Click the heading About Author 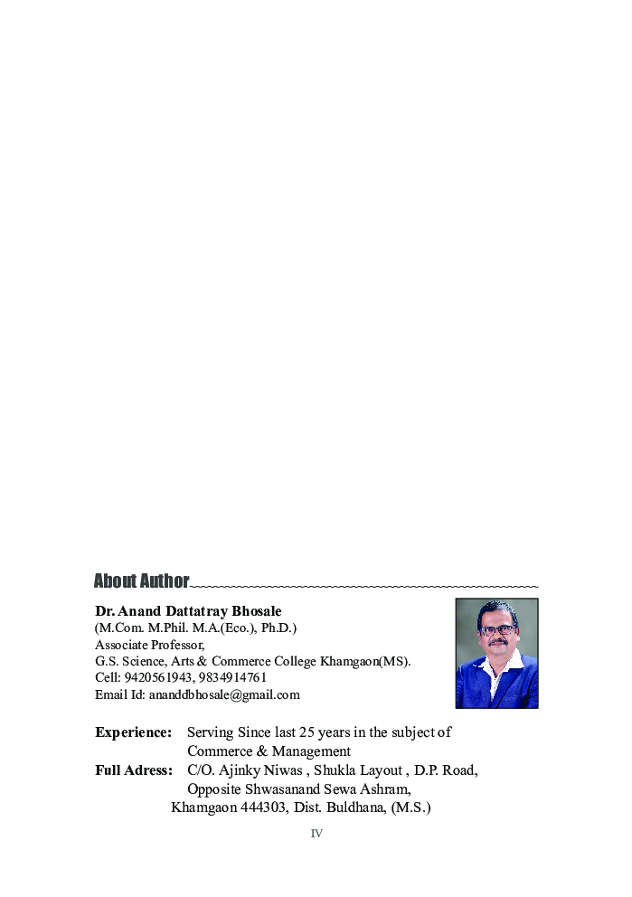(x=141, y=581)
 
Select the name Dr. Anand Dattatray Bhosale (x=188, y=611)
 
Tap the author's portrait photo (x=496, y=653)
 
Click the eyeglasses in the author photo (x=498, y=629)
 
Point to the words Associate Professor (x=149, y=645)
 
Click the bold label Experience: (x=133, y=732)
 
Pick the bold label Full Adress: (x=133, y=770)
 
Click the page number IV (x=316, y=834)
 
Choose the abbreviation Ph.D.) (x=275, y=628)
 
